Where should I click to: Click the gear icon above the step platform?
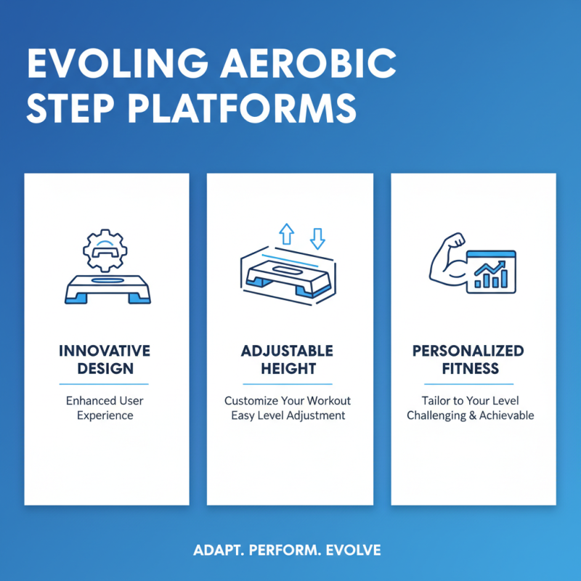(106, 251)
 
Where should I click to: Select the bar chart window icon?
(492, 271)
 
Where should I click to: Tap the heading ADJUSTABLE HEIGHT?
(287, 359)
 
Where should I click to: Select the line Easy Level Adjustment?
(287, 416)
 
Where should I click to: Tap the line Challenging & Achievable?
(470, 416)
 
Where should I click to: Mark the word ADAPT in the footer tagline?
(218, 550)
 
